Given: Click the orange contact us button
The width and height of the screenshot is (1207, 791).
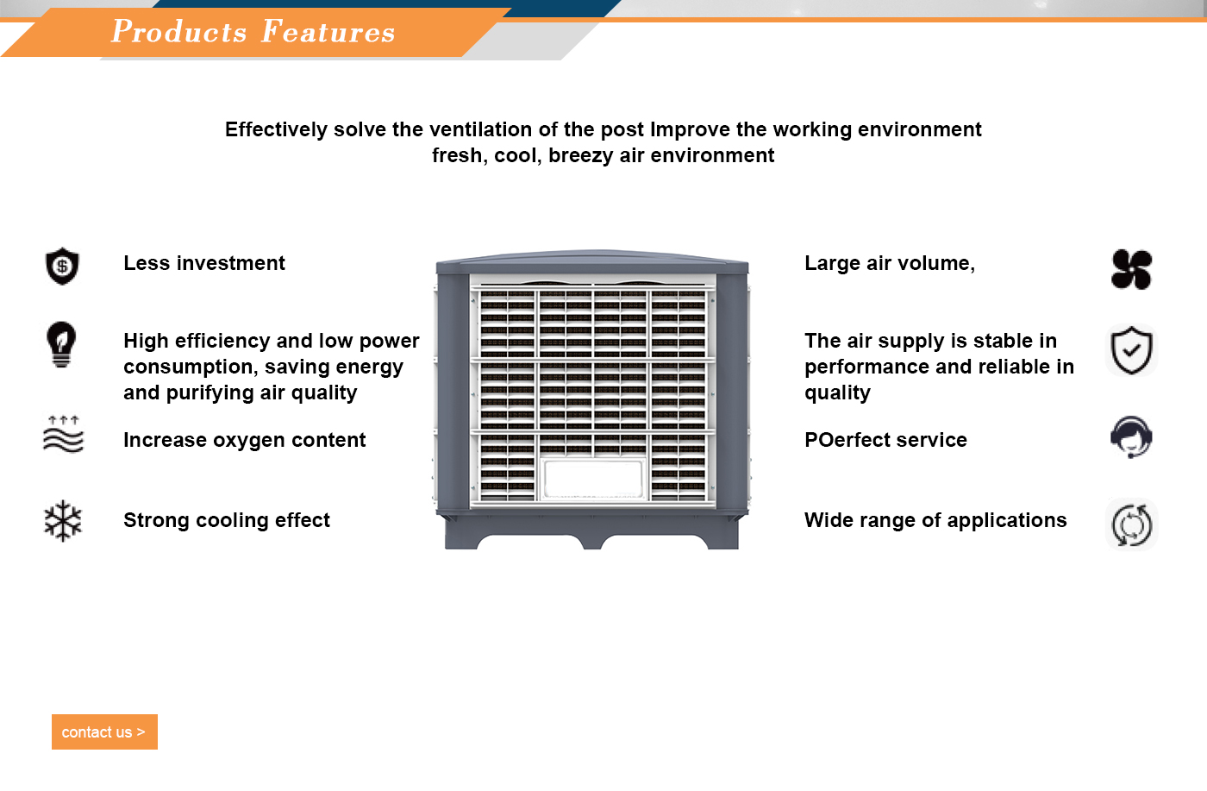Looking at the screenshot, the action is click(x=104, y=731).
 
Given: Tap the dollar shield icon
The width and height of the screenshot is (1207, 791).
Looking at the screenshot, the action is click(x=62, y=266).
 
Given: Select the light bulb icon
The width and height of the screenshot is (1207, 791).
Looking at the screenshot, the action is click(x=61, y=345).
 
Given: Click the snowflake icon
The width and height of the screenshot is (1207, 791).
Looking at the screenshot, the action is click(x=63, y=521).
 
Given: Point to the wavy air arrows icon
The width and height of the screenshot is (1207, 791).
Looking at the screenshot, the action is click(x=64, y=434).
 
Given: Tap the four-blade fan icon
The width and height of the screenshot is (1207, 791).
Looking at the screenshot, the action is click(x=1131, y=270).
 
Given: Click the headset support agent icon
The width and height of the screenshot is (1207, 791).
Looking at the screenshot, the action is click(x=1131, y=436).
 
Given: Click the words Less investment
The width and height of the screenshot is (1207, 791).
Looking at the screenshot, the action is click(x=204, y=263).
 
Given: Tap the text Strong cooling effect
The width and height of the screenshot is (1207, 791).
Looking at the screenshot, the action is click(x=226, y=520).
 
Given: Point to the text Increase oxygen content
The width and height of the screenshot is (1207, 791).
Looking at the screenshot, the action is click(x=245, y=440).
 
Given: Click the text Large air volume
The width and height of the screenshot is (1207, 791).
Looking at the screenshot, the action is click(x=890, y=263).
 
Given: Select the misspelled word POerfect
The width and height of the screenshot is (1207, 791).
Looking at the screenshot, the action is click(x=848, y=440).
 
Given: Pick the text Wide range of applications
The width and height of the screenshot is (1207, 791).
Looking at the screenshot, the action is click(x=935, y=520).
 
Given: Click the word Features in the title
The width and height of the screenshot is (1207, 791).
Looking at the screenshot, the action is click(x=328, y=31).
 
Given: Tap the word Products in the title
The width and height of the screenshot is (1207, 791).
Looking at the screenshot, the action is click(x=179, y=31).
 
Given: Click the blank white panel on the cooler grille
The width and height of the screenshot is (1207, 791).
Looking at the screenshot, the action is click(x=593, y=480).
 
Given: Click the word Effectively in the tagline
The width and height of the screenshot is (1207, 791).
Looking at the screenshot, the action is click(x=276, y=130).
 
